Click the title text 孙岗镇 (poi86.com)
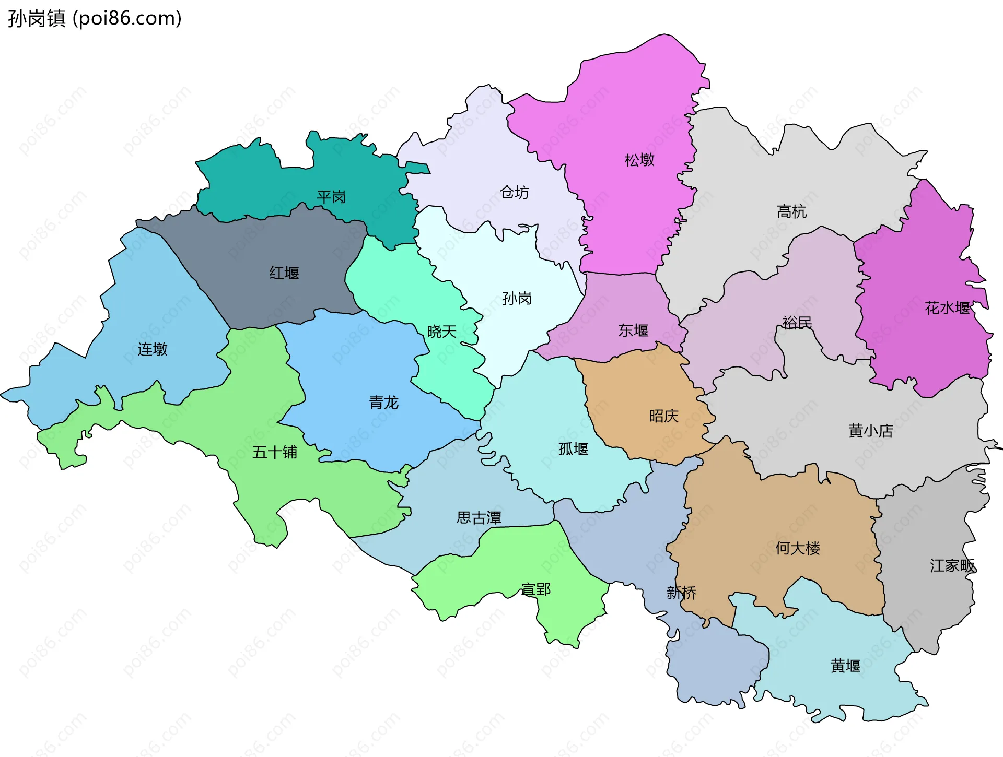tap(95, 18)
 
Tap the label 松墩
tap(639, 160)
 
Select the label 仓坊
tap(515, 193)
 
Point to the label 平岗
tap(331, 197)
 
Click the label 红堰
tap(284, 273)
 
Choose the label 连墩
tap(153, 349)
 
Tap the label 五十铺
tap(275, 452)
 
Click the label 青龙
tap(384, 403)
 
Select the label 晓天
tap(442, 332)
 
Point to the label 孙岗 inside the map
tap(517, 299)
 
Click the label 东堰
tap(633, 330)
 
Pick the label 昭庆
tap(663, 416)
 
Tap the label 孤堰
tap(573, 449)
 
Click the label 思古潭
tap(479, 518)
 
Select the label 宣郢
tap(536, 590)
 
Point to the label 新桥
tap(681, 593)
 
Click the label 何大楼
tap(798, 548)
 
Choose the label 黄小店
tap(871, 431)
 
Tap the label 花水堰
tap(947, 308)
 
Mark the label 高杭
tap(791, 212)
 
